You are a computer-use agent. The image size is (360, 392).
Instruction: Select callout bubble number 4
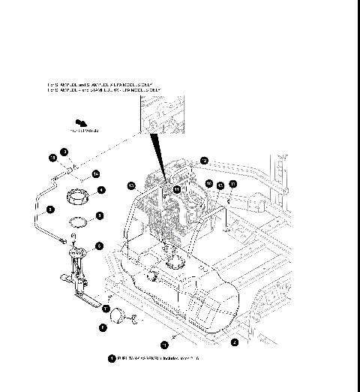click(x=100, y=190)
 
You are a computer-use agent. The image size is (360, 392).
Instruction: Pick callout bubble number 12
click(x=204, y=160)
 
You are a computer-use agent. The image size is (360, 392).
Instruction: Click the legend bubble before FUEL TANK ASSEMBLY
click(x=112, y=359)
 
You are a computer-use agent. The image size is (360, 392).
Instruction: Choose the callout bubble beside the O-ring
click(x=99, y=216)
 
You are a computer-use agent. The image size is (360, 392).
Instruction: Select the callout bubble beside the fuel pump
click(x=99, y=246)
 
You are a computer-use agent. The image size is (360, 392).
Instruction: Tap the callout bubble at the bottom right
click(x=234, y=342)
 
